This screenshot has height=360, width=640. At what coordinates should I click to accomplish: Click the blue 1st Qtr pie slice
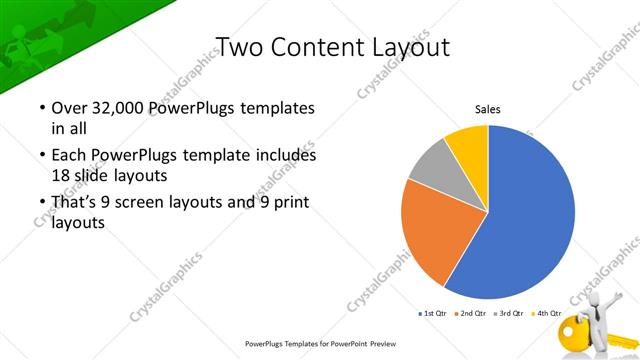[530, 215]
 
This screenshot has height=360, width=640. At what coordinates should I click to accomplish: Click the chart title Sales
[487, 109]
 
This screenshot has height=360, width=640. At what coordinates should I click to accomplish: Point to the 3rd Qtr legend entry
[511, 314]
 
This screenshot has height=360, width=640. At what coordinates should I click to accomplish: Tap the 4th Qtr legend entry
[548, 314]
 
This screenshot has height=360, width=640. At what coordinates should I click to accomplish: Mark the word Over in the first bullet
[71, 107]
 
